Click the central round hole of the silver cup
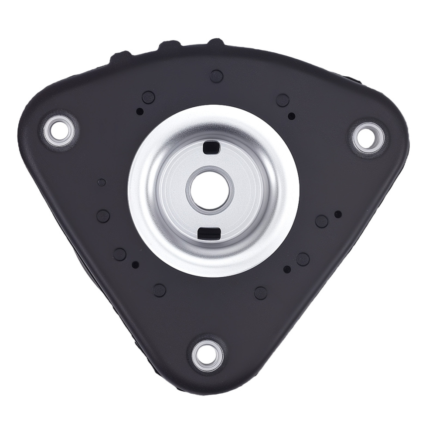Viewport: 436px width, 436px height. click(x=210, y=189)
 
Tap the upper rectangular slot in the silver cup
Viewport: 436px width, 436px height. click(x=211, y=147)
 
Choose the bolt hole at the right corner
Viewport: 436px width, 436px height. click(x=366, y=134)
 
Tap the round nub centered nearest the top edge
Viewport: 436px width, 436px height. click(x=216, y=76)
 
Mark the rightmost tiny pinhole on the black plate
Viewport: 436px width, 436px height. click(x=337, y=214)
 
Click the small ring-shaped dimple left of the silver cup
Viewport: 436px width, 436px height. click(x=102, y=182)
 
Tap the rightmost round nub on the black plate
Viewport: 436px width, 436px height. click(x=321, y=221)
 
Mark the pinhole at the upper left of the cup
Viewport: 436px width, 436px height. click(x=140, y=111)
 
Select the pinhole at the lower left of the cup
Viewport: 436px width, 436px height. click(x=135, y=264)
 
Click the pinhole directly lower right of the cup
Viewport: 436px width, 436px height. click(x=286, y=269)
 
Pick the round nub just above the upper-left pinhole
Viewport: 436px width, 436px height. click(x=148, y=97)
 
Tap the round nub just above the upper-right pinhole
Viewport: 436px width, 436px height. click(x=283, y=100)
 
